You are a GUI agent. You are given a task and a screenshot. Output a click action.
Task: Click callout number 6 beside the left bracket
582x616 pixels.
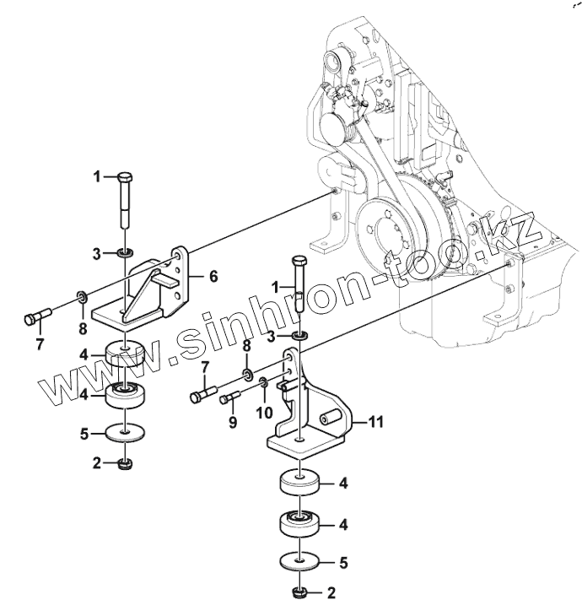click(x=213, y=277)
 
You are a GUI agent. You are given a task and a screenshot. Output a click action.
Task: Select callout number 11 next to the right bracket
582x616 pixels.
click(x=376, y=422)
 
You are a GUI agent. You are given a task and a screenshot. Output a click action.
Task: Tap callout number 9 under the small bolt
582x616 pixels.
click(x=233, y=422)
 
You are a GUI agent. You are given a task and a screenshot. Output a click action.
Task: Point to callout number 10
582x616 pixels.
click(x=264, y=413)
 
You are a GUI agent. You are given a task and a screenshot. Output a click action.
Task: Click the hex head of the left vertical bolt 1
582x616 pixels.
click(x=125, y=177)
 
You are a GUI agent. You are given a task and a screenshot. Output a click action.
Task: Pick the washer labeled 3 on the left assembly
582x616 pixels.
click(x=126, y=253)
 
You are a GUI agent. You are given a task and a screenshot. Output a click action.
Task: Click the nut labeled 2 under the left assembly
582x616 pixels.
click(x=126, y=464)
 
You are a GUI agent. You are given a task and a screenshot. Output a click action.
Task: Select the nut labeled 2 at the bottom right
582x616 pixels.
click(x=300, y=592)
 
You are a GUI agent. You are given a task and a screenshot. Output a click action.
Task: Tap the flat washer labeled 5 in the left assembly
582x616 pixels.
click(x=125, y=433)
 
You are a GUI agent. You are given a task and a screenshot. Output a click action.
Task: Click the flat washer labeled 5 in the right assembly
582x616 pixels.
click(x=300, y=561)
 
